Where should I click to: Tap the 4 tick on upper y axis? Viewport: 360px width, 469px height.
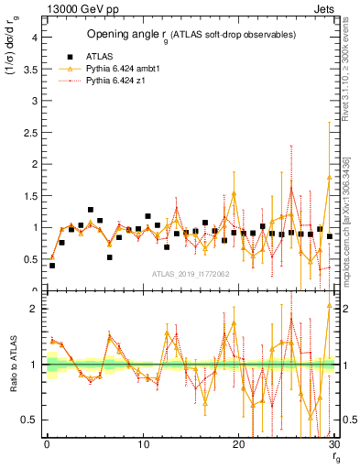tap(34, 38)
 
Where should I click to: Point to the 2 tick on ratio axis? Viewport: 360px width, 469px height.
tap(35, 309)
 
